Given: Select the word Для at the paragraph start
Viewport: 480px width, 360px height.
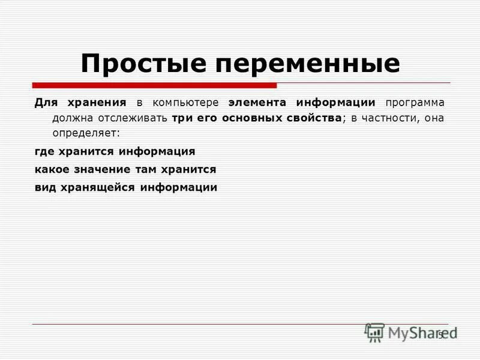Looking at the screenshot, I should tap(45, 103).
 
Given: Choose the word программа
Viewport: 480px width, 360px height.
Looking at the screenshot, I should tap(415, 103).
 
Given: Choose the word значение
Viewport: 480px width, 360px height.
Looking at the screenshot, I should tap(102, 169).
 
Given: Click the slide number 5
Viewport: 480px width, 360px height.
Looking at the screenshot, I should tap(440, 335).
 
